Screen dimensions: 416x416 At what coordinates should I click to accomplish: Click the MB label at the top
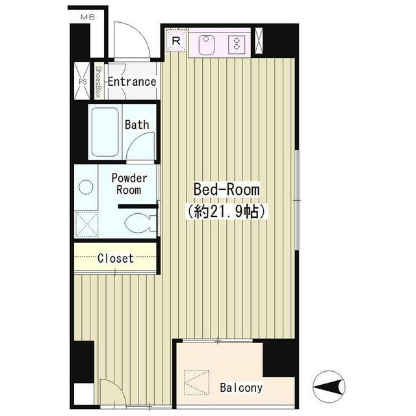click(x=88, y=18)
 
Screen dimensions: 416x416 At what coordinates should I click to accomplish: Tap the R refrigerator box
click(x=176, y=40)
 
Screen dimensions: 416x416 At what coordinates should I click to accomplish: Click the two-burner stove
click(x=237, y=44)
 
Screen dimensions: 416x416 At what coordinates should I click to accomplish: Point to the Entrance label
click(x=132, y=82)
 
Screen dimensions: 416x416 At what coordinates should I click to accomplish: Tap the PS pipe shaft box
click(x=83, y=81)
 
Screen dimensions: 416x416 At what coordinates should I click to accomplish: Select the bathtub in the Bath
click(x=105, y=132)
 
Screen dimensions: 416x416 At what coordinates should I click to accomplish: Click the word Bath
click(x=137, y=125)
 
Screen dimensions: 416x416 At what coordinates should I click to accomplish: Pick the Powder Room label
click(x=129, y=184)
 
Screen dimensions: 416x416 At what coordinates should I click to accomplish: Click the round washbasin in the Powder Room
click(x=86, y=187)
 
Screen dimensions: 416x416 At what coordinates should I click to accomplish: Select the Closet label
click(x=116, y=259)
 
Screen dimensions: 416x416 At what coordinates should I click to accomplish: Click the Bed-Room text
click(x=227, y=189)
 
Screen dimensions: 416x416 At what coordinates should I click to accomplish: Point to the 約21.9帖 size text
click(x=227, y=211)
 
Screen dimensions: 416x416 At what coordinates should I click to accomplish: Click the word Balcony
click(x=241, y=388)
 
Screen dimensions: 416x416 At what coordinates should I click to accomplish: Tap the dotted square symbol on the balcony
click(x=196, y=382)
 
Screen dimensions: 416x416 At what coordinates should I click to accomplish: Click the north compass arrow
click(x=329, y=387)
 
